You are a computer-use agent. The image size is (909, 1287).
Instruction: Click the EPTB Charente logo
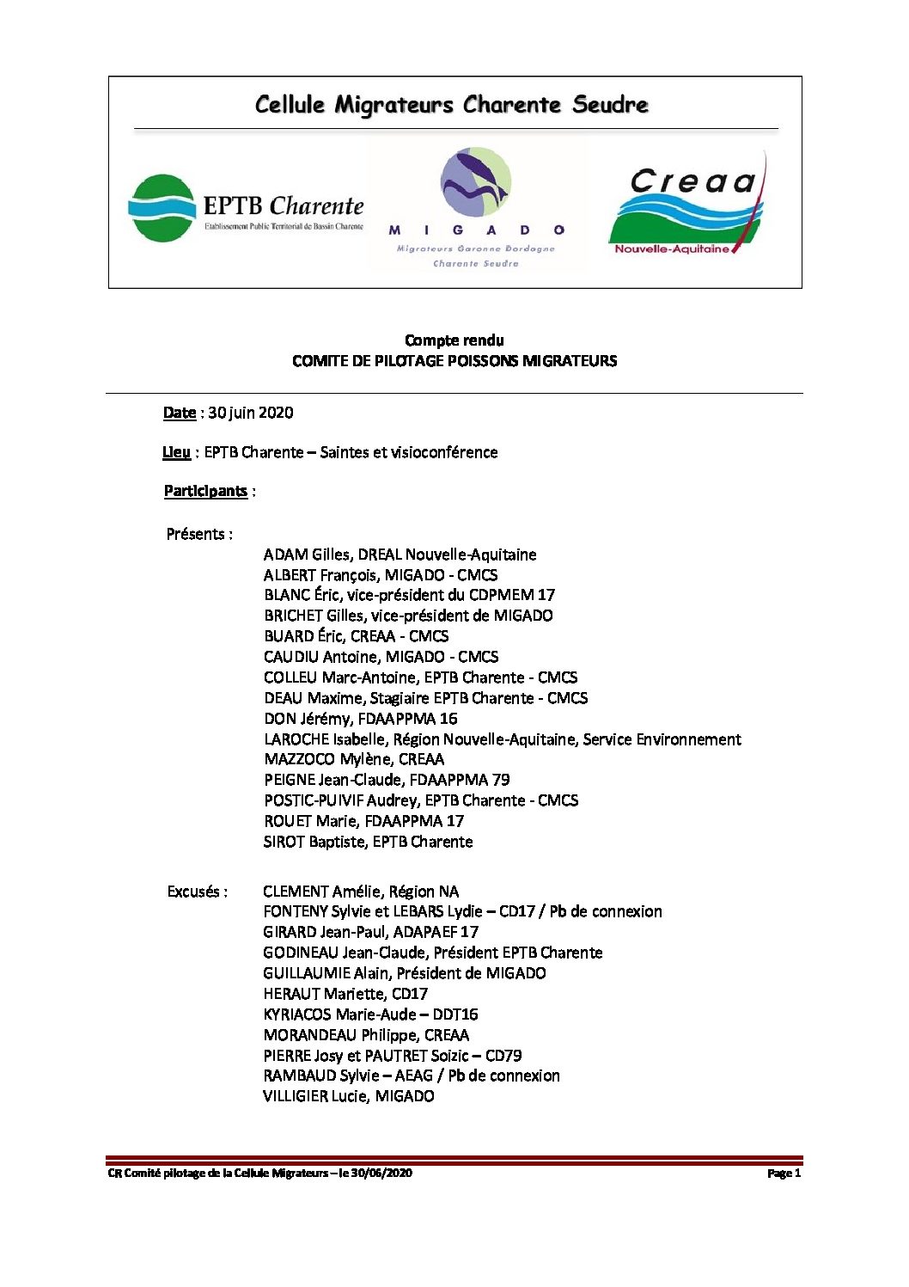click(x=246, y=208)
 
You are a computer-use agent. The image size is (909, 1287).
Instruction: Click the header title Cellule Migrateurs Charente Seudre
click(x=452, y=105)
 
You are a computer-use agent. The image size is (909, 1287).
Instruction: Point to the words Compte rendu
click(x=454, y=340)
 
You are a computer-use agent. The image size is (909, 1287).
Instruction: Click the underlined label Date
click(x=180, y=413)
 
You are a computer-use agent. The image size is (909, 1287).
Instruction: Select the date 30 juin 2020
click(x=250, y=413)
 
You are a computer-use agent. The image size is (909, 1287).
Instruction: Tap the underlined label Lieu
click(x=176, y=452)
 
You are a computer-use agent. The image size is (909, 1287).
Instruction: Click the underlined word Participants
click(x=205, y=491)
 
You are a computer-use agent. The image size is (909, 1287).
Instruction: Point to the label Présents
click(x=198, y=534)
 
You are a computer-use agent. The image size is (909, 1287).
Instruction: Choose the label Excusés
click(x=197, y=892)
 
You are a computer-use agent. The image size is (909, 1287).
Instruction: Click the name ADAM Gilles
click(x=307, y=555)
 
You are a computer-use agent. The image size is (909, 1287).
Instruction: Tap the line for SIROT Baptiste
click(x=368, y=842)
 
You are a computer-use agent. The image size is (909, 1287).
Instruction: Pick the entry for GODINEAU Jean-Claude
click(x=345, y=953)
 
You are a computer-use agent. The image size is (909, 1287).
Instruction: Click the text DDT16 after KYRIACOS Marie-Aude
click(x=455, y=1014)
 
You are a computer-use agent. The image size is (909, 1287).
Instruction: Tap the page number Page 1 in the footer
click(x=784, y=1174)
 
